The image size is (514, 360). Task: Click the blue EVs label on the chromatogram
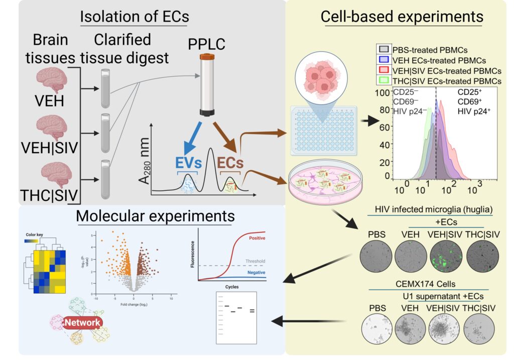(x=188, y=163)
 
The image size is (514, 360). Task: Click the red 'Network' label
(x=83, y=322)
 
